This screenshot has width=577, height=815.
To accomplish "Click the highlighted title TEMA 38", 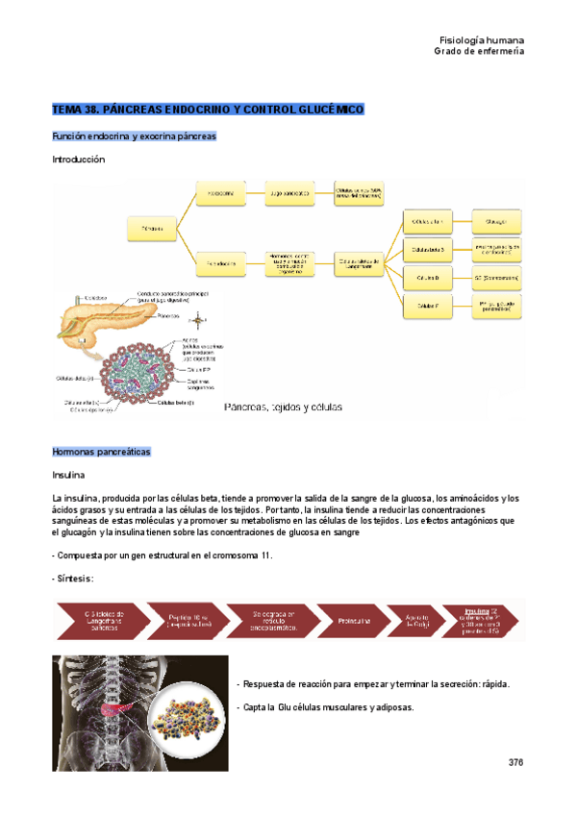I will pos(208,111).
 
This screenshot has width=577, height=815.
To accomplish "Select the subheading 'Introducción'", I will pos(78,160).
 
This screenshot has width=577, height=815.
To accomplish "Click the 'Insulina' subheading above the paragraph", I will pos(68,475).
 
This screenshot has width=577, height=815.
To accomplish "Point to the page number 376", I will pos(514,762).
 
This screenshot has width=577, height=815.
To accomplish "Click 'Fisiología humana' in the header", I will pos(481,40).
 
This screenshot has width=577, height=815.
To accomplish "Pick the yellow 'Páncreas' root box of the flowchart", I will pos(152,228).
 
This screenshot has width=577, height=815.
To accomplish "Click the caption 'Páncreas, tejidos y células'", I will pos(283,407).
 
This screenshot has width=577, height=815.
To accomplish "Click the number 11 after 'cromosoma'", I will pos(267,556).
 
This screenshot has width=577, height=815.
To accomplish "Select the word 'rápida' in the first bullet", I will pos(490,684).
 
